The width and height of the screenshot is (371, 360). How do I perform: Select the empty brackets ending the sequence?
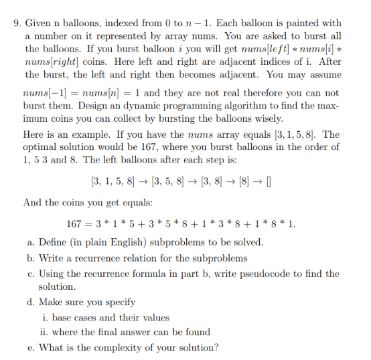(x=271, y=181)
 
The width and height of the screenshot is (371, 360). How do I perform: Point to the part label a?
(x=30, y=242)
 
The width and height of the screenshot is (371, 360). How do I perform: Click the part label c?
(x=30, y=274)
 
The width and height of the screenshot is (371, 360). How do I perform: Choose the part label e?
(x=30, y=347)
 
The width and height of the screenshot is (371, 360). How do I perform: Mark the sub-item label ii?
(x=45, y=332)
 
